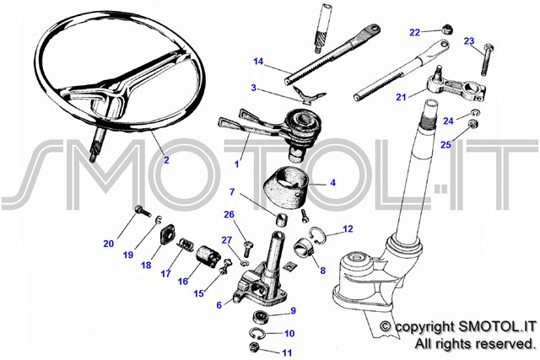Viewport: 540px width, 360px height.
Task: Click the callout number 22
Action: pyautogui.click(x=414, y=32)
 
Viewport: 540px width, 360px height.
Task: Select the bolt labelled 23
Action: pyautogui.click(x=486, y=60)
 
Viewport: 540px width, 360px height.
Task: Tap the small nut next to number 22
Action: pyautogui.click(x=447, y=29)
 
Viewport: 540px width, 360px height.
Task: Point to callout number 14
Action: pyautogui.click(x=258, y=62)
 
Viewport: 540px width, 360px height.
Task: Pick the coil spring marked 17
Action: pyautogui.click(x=185, y=245)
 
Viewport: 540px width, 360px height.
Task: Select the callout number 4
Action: pyautogui.click(x=332, y=182)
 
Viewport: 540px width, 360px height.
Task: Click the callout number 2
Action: pyautogui.click(x=166, y=160)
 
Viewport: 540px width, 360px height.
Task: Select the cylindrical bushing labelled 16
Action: pyautogui.click(x=208, y=256)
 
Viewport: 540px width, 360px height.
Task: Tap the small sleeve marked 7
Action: pyautogui.click(x=280, y=219)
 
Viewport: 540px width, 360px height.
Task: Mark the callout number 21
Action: pyautogui.click(x=401, y=98)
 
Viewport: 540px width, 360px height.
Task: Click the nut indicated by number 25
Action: pyautogui.click(x=472, y=124)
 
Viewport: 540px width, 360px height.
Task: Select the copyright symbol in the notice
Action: pyautogui.click(x=386, y=326)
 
